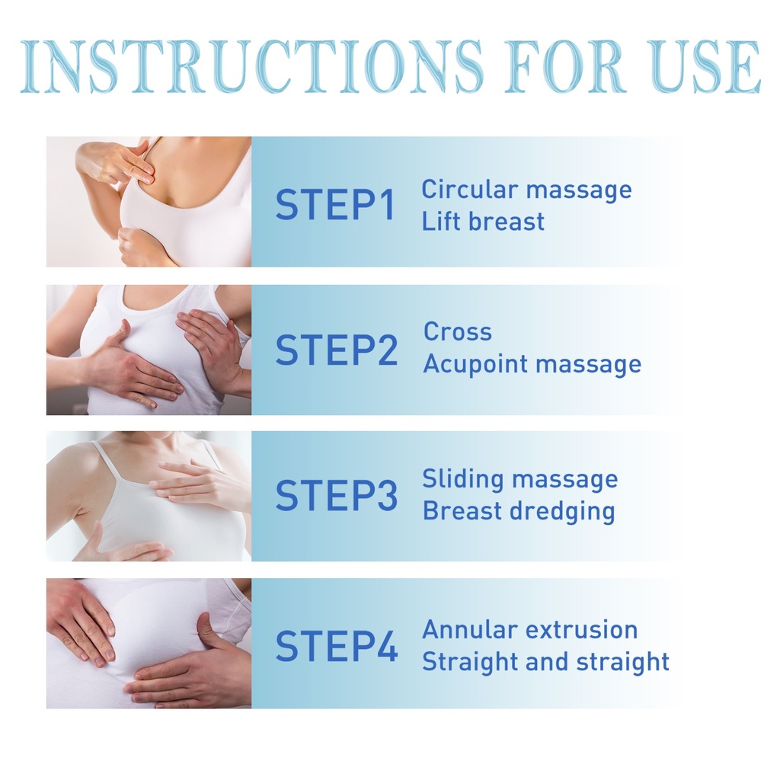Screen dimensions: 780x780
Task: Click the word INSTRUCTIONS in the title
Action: coord(251,67)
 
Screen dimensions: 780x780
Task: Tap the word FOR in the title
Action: coord(565,67)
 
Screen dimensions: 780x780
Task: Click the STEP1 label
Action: coord(335,204)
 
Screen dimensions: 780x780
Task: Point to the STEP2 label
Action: coord(336,350)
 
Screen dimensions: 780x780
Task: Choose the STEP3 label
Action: coord(336,495)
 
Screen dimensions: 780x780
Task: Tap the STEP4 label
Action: coord(336,646)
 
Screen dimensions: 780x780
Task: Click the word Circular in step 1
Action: coord(470,190)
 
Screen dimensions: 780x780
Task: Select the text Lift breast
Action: coord(483,222)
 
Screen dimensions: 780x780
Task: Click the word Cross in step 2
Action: coord(458,331)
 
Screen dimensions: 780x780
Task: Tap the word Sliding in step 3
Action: coord(462,480)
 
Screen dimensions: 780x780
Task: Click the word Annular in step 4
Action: coord(470,630)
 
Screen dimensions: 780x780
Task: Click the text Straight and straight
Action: coord(545,663)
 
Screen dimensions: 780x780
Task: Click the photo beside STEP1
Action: coord(149,201)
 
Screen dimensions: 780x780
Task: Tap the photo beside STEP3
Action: coord(149,497)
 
